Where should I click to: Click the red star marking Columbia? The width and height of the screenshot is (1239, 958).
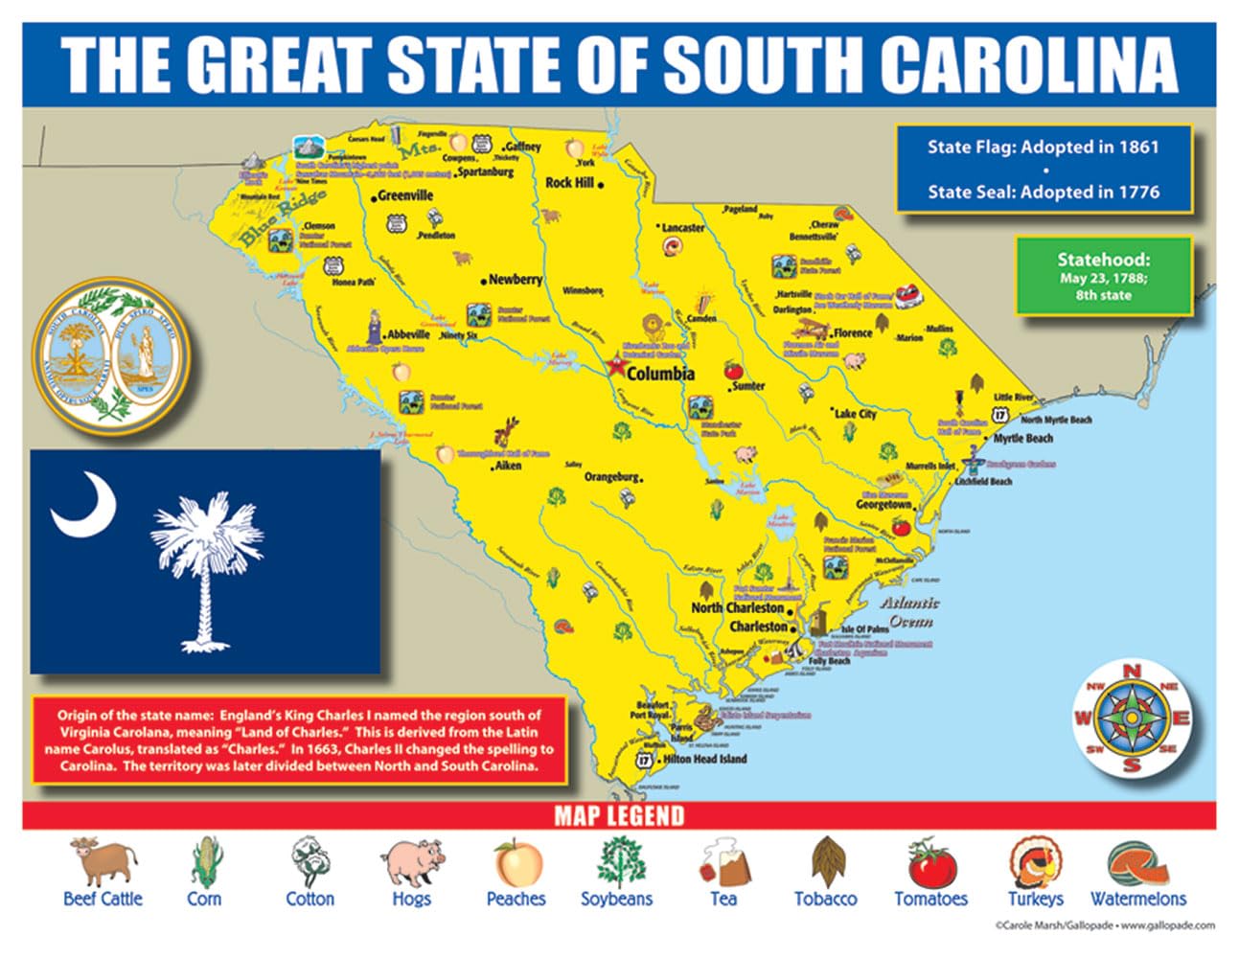tap(613, 365)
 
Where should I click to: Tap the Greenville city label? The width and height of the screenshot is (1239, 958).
tap(405, 195)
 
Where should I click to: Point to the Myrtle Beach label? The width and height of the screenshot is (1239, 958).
tap(1022, 439)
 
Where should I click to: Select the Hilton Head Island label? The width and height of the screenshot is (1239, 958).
tap(704, 759)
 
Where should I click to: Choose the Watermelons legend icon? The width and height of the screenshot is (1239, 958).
tap(1137, 862)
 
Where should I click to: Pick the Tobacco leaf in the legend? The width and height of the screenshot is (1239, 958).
tap(825, 862)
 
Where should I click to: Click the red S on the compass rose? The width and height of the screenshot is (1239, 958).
tap(1132, 764)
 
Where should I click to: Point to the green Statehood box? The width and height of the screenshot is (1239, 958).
tap(1103, 276)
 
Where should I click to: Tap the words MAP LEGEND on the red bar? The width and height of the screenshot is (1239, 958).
tap(619, 816)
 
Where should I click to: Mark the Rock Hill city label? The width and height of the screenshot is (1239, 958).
tap(569, 183)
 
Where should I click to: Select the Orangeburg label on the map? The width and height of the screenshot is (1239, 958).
tap(611, 476)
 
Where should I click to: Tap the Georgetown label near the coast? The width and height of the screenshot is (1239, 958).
tap(883, 504)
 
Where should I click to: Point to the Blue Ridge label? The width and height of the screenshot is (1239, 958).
tap(283, 217)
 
